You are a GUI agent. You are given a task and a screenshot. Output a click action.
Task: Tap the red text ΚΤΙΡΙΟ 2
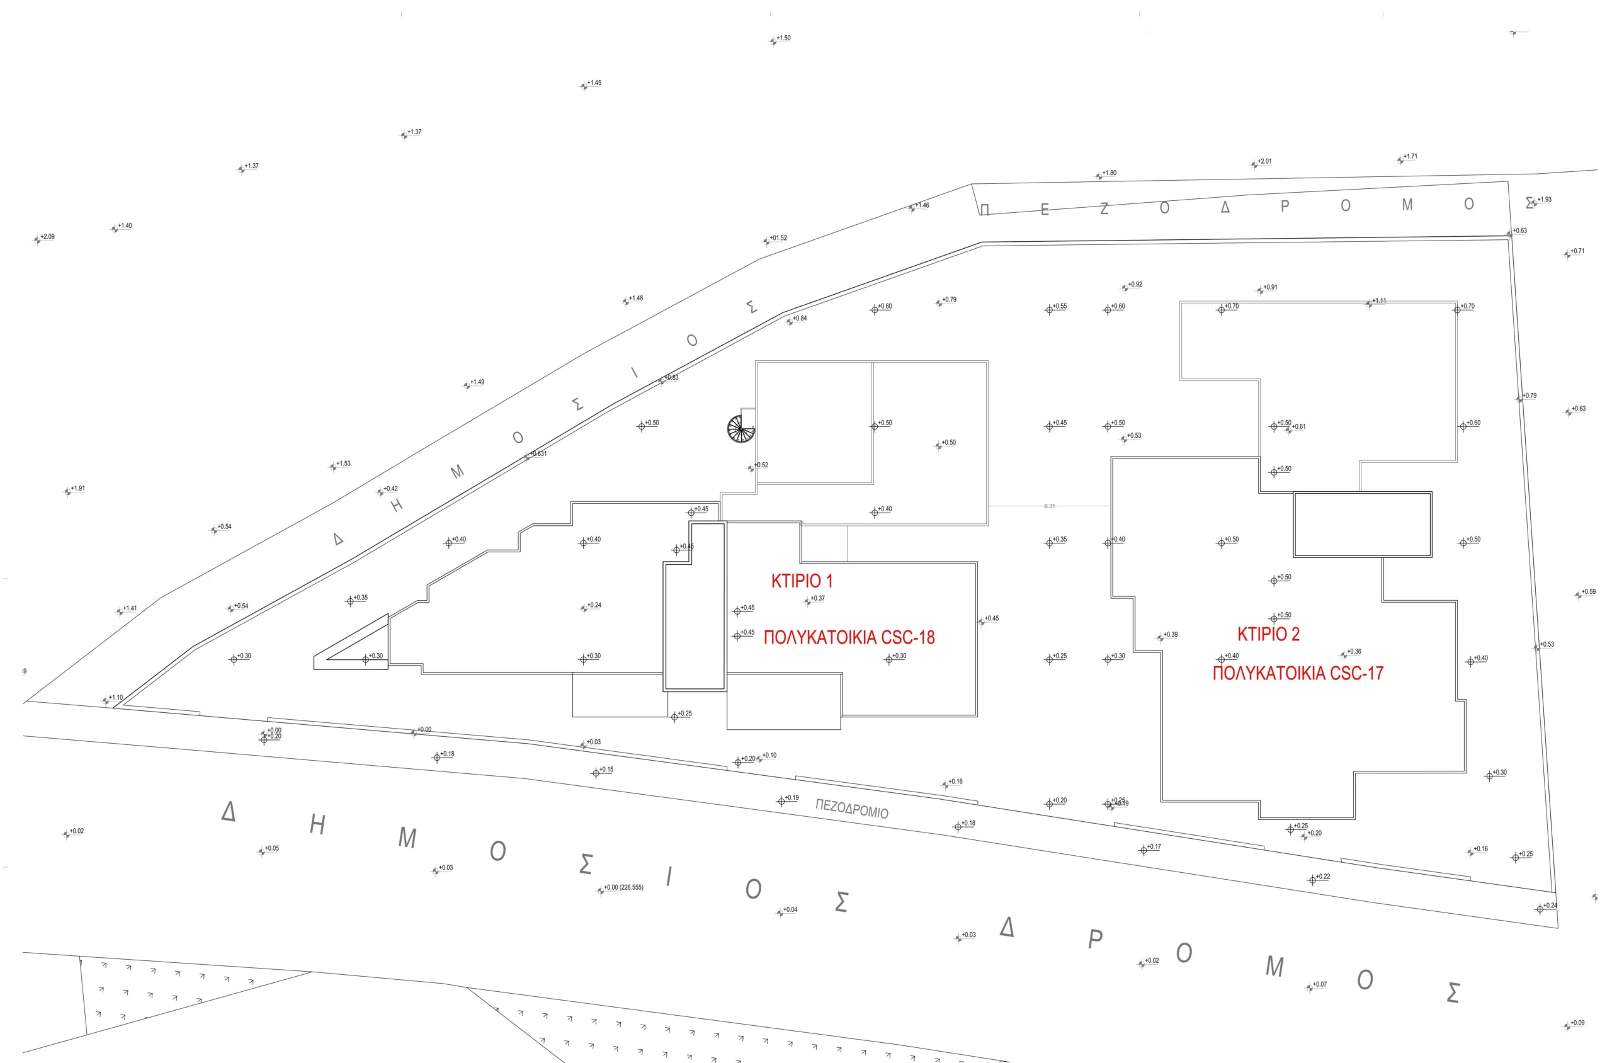(1268, 634)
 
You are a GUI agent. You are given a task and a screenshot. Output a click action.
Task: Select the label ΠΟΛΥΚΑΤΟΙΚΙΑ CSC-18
(849, 637)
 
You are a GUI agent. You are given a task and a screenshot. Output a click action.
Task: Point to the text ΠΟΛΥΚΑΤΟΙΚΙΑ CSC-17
(1297, 673)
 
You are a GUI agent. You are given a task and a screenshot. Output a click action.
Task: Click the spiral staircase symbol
(741, 428)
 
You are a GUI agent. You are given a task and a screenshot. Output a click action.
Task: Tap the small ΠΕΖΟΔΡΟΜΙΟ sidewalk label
(851, 808)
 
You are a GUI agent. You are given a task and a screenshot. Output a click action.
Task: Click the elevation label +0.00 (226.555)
(623, 887)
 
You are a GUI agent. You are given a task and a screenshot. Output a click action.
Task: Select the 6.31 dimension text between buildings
(1049, 506)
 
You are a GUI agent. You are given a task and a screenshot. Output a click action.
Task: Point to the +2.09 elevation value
(47, 237)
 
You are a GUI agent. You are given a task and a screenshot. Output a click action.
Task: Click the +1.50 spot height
(783, 38)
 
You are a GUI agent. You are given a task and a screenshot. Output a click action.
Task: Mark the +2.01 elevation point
(1264, 161)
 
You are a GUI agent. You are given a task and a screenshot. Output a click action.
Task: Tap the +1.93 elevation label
(1544, 199)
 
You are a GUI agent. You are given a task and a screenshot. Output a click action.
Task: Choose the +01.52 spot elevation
(778, 238)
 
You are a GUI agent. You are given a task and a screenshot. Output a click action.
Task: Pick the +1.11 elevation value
(1379, 301)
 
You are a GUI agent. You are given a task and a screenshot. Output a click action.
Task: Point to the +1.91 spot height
(78, 488)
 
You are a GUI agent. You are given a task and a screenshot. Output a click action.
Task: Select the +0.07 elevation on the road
(1319, 984)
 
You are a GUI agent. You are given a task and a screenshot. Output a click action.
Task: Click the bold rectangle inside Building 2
(1362, 525)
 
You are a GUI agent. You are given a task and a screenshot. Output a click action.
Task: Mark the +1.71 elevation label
(1410, 157)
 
